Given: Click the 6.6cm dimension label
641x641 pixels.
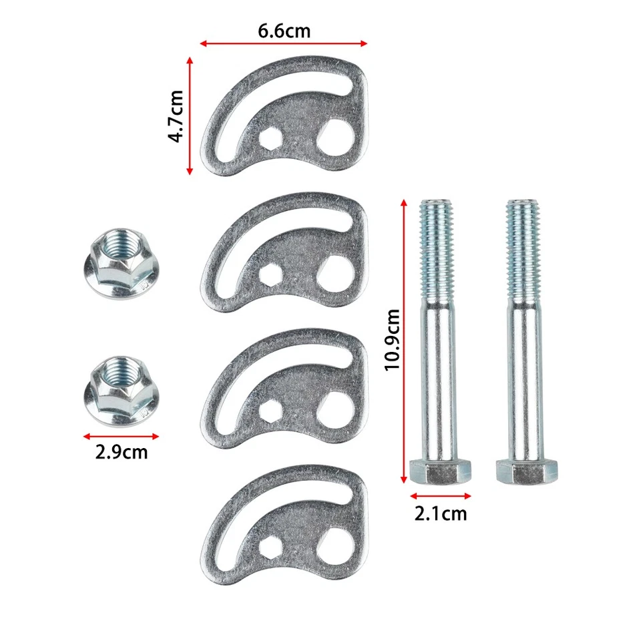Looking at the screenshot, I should [284, 31].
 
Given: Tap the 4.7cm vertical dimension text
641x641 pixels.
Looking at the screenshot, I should [176, 117].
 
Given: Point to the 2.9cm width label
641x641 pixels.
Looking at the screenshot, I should [121, 452].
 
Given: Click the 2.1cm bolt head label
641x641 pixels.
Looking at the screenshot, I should [440, 513].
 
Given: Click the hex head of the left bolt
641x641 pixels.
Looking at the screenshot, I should [440, 471].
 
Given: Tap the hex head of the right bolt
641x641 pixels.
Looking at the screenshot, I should [527, 471].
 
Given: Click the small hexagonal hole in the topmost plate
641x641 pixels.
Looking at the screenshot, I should [272, 140].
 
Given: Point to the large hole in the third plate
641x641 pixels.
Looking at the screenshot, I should [336, 405].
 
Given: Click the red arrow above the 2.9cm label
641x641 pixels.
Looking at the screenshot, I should [121, 437].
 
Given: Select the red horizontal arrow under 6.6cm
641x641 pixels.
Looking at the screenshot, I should [284, 45].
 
